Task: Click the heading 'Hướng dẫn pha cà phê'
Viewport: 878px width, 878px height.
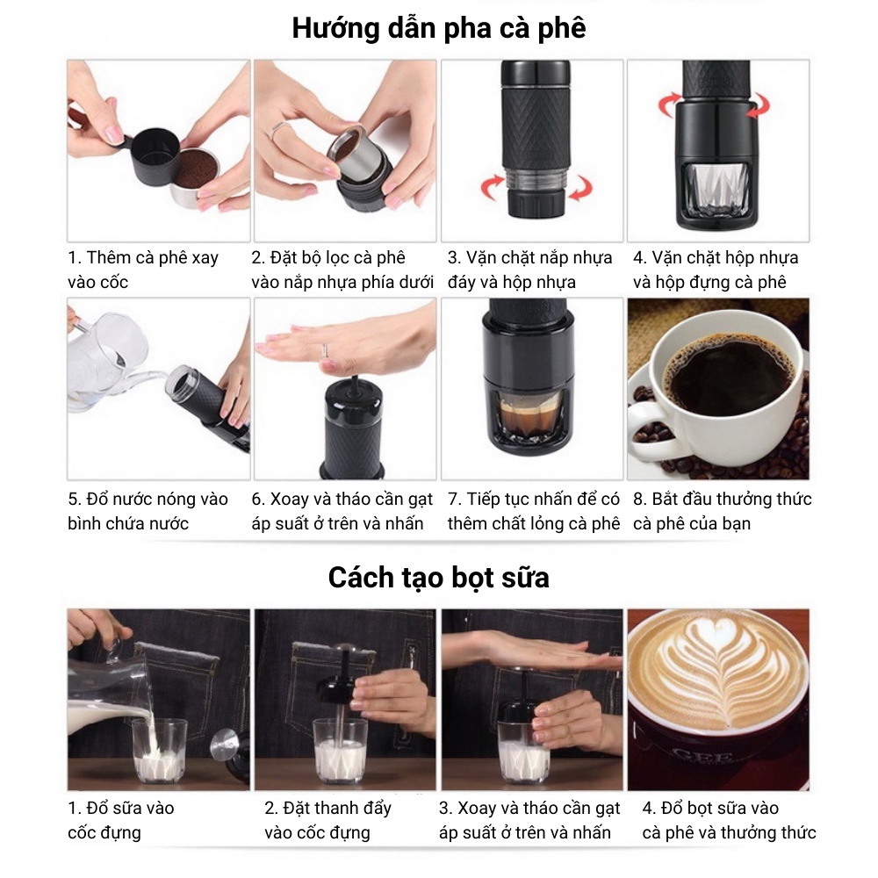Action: click(x=439, y=29)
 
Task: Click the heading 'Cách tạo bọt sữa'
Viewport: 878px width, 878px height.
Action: click(x=438, y=578)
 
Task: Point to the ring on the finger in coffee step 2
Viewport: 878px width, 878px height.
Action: click(x=279, y=131)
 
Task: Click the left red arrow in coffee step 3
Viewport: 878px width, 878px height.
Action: click(x=493, y=187)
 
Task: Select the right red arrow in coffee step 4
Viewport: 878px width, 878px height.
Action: click(x=758, y=105)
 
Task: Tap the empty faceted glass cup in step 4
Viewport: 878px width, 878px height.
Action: click(x=716, y=191)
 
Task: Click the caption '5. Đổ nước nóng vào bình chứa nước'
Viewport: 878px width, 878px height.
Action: click(x=148, y=511)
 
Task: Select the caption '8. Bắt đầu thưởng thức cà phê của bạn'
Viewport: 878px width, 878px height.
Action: click(x=722, y=511)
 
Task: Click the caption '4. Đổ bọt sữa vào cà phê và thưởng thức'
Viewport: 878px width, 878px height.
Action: click(x=729, y=820)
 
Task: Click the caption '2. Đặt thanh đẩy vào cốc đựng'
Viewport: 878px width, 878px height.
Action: click(x=328, y=820)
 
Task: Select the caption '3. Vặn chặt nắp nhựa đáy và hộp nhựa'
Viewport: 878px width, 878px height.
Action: click(x=529, y=270)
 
